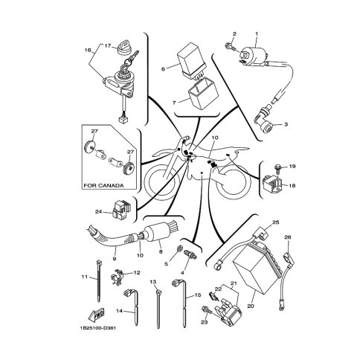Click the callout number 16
point(88,50)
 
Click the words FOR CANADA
point(103,185)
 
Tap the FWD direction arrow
point(95,314)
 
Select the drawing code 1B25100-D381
point(97,328)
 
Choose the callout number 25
point(275,222)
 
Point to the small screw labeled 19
point(278,169)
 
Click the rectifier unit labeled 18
point(272,184)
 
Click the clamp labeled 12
point(117,277)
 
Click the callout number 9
point(115,259)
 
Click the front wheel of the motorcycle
point(160,184)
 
